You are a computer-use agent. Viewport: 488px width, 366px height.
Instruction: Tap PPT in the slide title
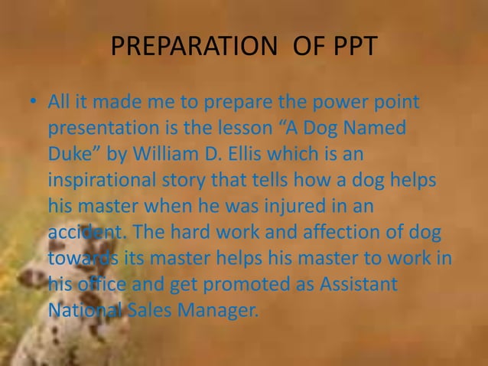click(x=349, y=47)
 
